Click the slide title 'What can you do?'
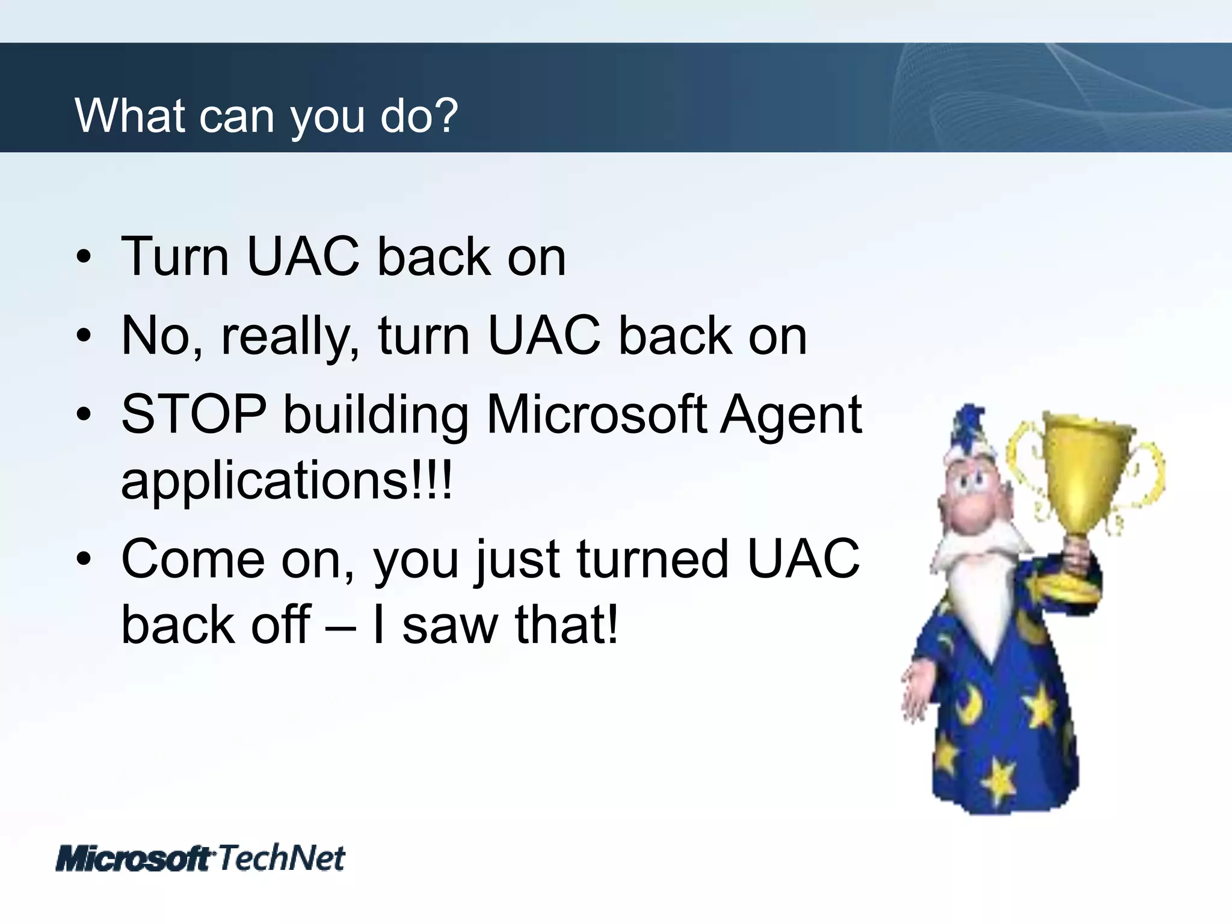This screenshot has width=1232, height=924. click(x=266, y=115)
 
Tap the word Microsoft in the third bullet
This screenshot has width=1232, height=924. click(x=596, y=414)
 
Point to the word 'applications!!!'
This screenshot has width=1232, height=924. click(x=286, y=481)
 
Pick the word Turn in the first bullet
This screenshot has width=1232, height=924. click(x=174, y=257)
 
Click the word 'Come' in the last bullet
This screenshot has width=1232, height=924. click(x=192, y=559)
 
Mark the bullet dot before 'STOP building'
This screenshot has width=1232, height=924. click(x=84, y=415)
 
